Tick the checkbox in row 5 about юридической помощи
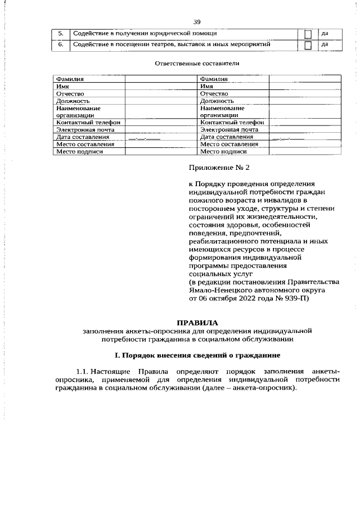pyautogui.click(x=307, y=34)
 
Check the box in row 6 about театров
pyautogui.click(x=307, y=46)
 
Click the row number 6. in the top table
pyautogui.click(x=60, y=44)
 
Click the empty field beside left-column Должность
pyautogui.click(x=160, y=101)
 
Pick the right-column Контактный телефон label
pyautogui.click(x=232, y=122)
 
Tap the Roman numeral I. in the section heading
pyautogui.click(x=116, y=355)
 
